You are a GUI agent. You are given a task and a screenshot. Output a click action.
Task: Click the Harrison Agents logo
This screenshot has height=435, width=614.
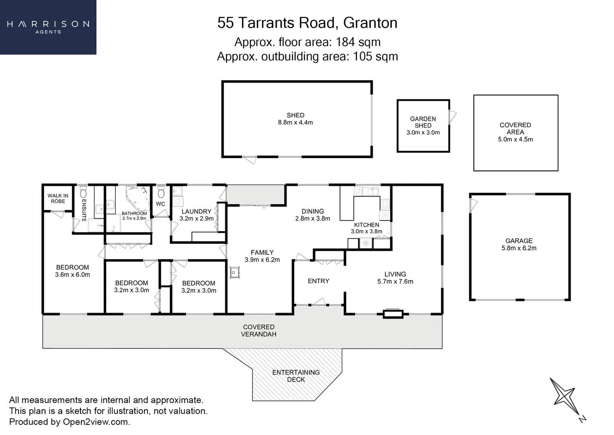[x=48, y=27]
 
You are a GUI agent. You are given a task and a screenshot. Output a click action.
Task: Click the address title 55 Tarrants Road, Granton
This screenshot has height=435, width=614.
[x=307, y=23]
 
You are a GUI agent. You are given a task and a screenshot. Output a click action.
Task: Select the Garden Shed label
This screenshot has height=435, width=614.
[x=423, y=122]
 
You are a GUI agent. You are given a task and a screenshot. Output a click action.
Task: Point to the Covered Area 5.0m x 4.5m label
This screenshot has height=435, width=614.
[x=515, y=132]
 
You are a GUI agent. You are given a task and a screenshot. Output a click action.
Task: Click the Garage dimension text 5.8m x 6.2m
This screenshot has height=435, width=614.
[x=519, y=248]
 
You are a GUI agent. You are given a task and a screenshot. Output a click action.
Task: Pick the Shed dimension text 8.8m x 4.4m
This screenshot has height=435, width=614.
[x=295, y=122]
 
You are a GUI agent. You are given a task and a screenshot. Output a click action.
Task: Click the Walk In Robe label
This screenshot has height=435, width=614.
[x=58, y=198]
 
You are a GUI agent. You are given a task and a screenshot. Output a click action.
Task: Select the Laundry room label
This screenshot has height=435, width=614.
[x=196, y=211]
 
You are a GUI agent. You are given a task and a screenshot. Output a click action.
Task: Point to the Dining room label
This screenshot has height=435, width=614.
[x=313, y=211]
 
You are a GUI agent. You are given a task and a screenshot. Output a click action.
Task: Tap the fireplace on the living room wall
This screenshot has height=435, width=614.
[x=393, y=313]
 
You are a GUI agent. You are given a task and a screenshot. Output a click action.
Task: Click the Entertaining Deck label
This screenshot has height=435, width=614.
[x=296, y=376]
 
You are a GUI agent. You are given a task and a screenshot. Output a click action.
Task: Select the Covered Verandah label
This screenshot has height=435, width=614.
[x=259, y=331]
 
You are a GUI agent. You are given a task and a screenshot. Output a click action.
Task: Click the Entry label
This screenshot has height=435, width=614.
[x=318, y=281]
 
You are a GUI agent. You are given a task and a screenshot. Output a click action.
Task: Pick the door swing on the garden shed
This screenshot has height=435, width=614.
[x=453, y=117]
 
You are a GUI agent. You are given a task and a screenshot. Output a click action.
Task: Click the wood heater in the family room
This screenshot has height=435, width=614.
[x=234, y=273]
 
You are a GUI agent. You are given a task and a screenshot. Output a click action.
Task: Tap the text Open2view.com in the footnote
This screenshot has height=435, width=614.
[x=96, y=422]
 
